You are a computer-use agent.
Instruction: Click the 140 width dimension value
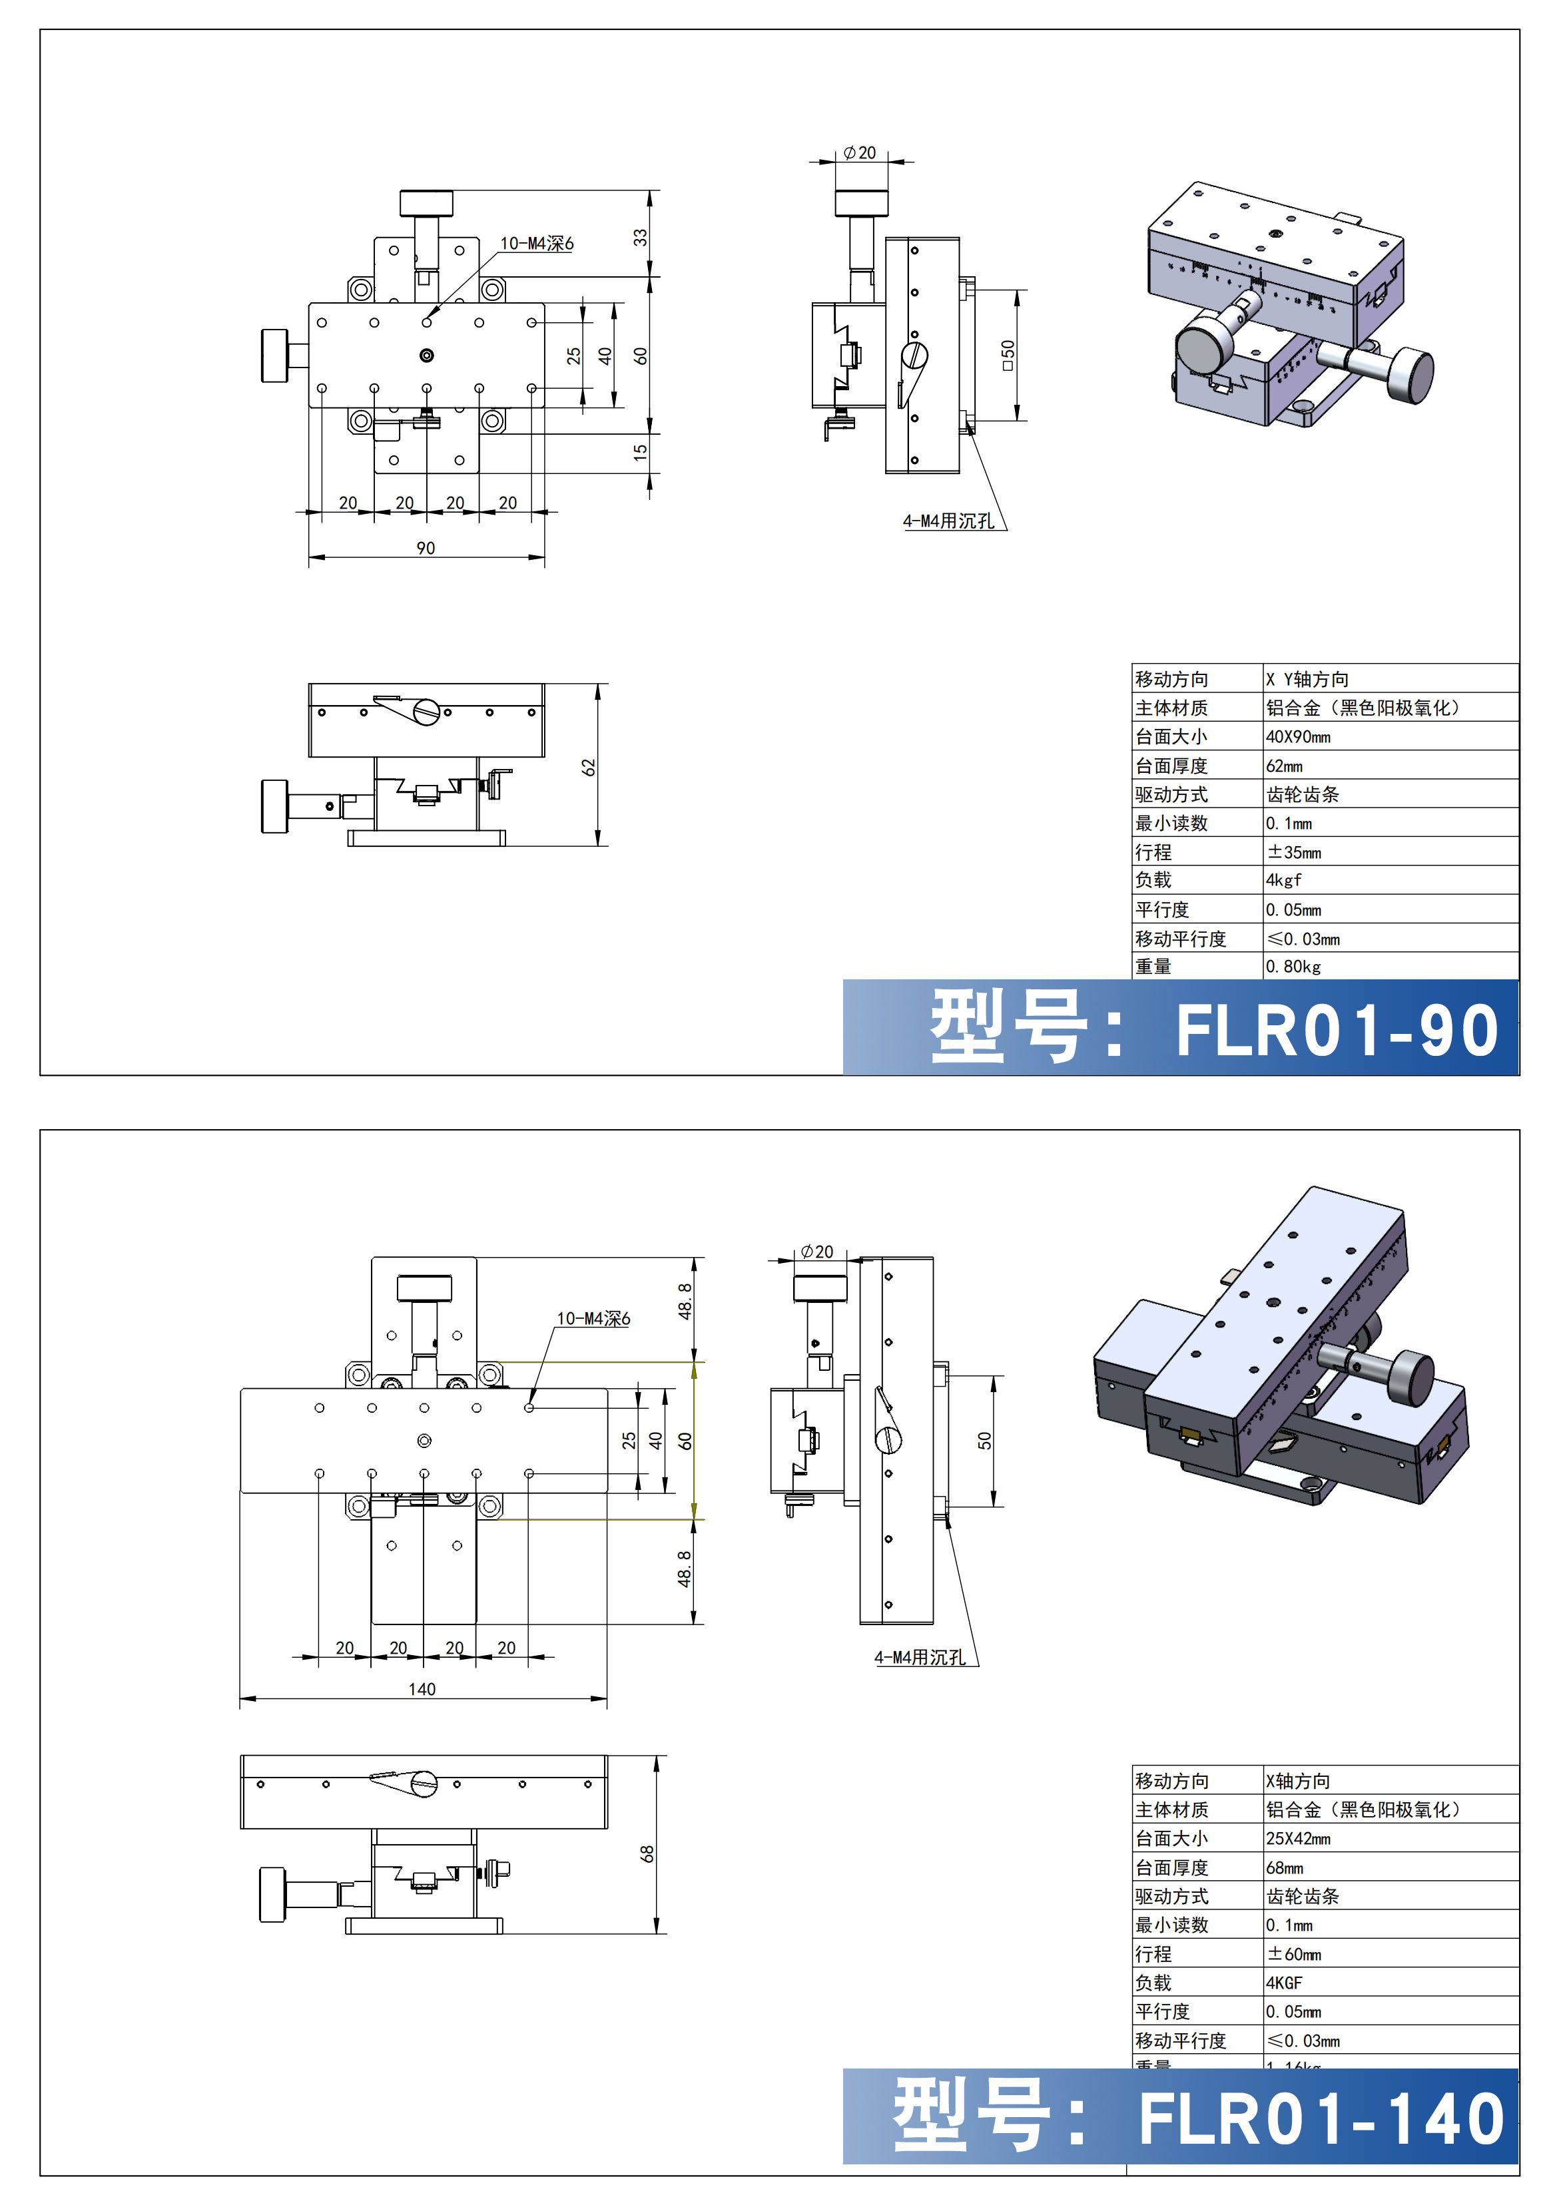(x=422, y=1689)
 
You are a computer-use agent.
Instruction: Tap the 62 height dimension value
(x=589, y=767)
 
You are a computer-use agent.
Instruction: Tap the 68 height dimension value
(x=647, y=1854)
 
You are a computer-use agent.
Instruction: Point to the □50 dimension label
(x=1007, y=355)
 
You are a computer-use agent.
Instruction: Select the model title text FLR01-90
(x=1337, y=1031)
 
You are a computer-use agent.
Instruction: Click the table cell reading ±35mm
(x=1295, y=852)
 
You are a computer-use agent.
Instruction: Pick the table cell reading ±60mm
(x=1295, y=1954)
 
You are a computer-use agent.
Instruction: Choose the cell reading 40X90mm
(x=1298, y=737)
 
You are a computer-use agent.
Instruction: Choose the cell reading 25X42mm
(x=1298, y=1839)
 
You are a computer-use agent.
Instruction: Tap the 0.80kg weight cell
(x=1293, y=966)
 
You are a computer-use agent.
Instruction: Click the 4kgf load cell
(x=1284, y=880)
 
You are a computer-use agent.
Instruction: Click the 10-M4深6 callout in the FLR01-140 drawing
(x=593, y=1319)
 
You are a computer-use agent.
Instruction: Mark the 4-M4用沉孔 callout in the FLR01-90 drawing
(x=948, y=521)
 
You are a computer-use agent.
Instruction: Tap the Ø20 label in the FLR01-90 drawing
(x=859, y=153)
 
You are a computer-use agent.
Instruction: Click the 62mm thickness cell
(x=1284, y=766)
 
